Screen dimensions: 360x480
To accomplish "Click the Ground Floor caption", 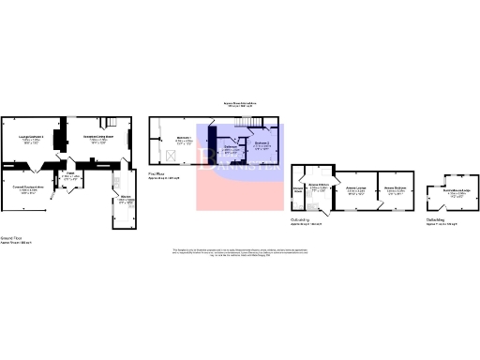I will pyautogui.click(x=12, y=240).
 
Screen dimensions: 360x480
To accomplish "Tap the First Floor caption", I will pyautogui.click(x=157, y=172).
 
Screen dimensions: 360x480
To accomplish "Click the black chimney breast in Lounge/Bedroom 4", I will pyautogui.click(x=55, y=142).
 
